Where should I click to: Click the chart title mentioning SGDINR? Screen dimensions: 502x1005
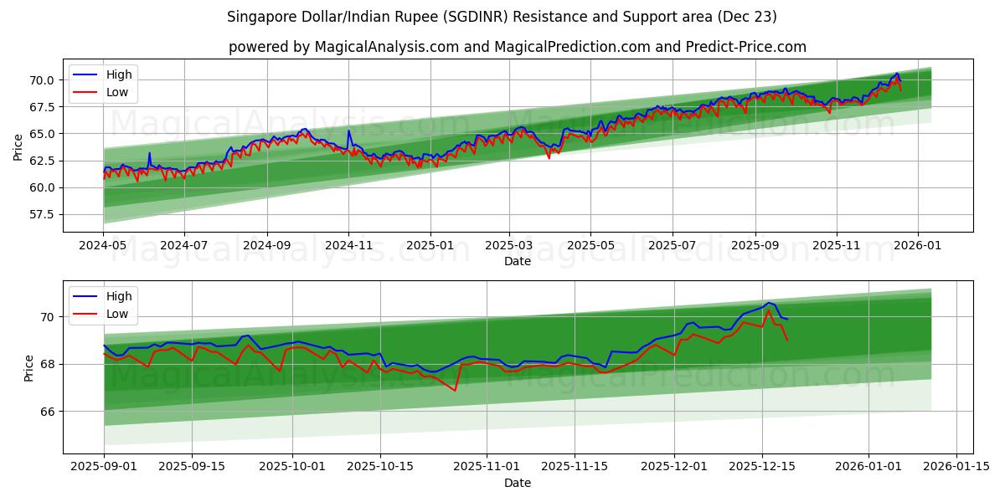point(502,17)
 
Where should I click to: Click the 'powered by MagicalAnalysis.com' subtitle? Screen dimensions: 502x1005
point(517,47)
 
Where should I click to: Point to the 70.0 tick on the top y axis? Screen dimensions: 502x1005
point(43,80)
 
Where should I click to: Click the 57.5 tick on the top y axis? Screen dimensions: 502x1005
point(43,215)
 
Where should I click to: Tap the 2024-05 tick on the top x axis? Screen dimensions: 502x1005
point(104,246)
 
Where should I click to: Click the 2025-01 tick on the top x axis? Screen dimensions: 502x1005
point(430,246)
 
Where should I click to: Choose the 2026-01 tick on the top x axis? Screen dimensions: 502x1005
point(917,246)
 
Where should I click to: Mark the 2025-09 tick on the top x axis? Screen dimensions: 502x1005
point(755,246)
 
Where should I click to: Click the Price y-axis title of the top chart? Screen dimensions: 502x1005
point(18,148)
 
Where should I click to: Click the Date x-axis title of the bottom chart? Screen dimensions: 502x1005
point(517,483)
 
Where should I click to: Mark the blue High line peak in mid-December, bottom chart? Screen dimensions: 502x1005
point(768,303)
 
